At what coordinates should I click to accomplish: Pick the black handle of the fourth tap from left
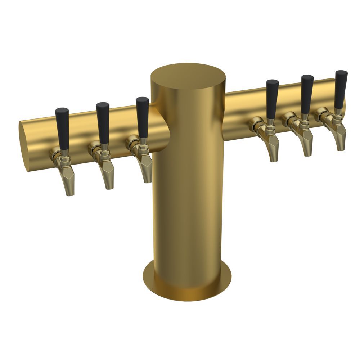(x=272, y=98)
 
